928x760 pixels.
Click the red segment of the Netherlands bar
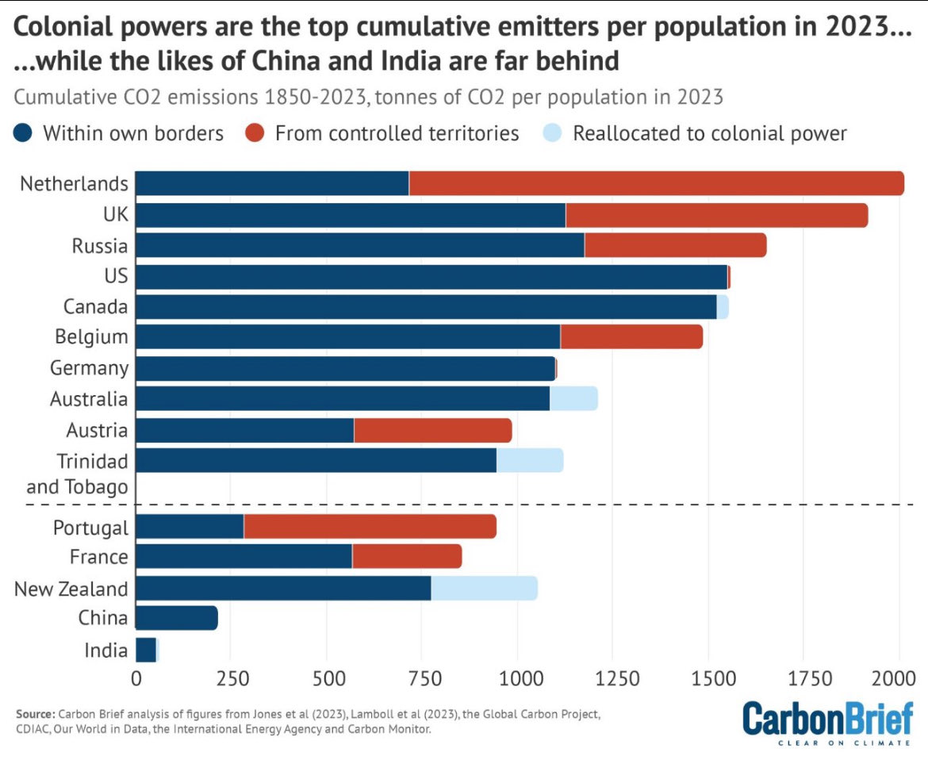point(656,183)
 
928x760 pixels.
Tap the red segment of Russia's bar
point(675,245)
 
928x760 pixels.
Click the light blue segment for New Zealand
point(484,588)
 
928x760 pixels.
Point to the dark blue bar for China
point(177,618)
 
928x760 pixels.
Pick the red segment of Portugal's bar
point(370,527)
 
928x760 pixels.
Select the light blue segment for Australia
point(573,398)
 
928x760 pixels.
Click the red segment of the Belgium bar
point(631,336)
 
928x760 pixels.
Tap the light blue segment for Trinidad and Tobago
point(530,460)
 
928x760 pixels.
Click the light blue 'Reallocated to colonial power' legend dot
point(556,133)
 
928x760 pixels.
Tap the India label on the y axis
point(105,651)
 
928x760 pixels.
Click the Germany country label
point(89,368)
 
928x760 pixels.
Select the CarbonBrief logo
point(827,720)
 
